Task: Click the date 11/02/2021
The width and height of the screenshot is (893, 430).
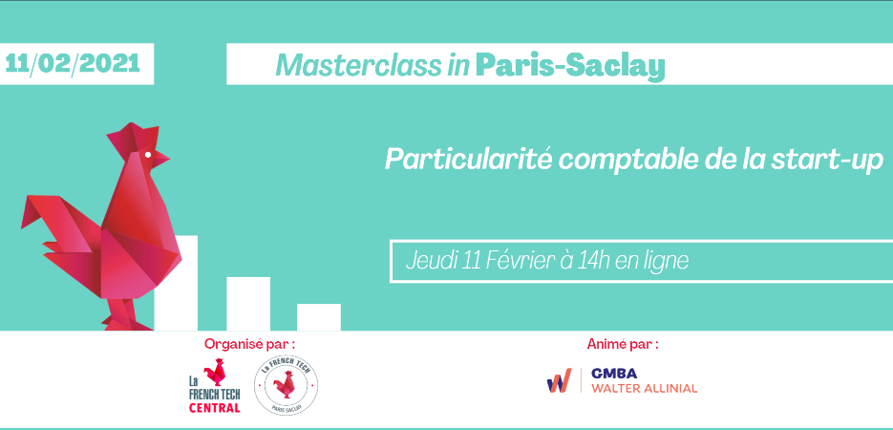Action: click(73, 63)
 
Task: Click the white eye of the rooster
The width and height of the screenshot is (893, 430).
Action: click(148, 155)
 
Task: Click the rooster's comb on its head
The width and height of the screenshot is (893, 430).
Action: click(130, 138)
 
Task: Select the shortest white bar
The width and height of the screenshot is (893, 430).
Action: click(319, 317)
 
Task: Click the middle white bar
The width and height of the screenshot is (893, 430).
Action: click(248, 304)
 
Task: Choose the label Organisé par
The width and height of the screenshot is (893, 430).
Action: click(250, 344)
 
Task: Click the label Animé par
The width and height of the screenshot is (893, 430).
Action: click(623, 344)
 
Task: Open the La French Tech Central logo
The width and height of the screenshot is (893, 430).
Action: click(215, 385)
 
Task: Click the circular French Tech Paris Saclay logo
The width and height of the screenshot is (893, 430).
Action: click(286, 385)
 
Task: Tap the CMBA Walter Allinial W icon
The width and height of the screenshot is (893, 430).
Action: click(560, 380)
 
